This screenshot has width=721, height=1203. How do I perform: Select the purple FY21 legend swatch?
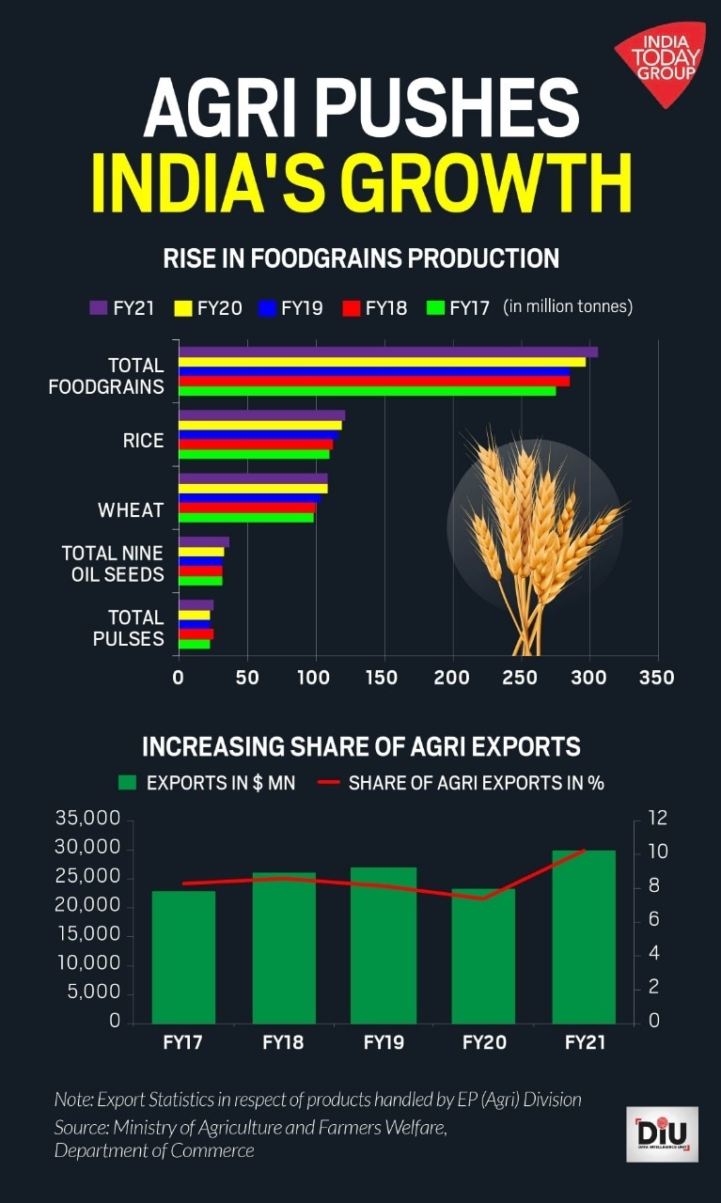pyautogui.click(x=98, y=307)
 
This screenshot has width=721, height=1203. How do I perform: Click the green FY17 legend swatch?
pyautogui.click(x=434, y=307)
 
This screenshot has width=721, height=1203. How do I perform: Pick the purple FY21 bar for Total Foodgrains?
pyautogui.click(x=387, y=352)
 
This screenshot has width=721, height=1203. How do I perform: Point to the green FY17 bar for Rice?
pyautogui.click(x=254, y=455)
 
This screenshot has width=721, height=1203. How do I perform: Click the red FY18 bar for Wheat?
pyautogui.click(x=247, y=508)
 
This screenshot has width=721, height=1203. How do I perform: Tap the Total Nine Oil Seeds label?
pyautogui.click(x=113, y=563)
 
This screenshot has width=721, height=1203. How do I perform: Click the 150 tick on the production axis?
pyautogui.click(x=382, y=678)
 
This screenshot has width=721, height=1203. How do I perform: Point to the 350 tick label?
pyautogui.click(x=656, y=678)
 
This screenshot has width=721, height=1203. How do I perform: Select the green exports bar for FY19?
pyautogui.click(x=383, y=945)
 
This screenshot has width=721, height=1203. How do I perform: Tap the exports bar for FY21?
pyautogui.click(x=584, y=936)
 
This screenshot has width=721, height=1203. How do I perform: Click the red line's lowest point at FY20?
pyautogui.click(x=483, y=898)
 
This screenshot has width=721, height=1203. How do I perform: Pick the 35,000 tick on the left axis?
pyautogui.click(x=88, y=819)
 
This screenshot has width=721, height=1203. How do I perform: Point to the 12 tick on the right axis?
pyautogui.click(x=656, y=819)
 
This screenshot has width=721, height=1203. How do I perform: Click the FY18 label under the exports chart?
pyautogui.click(x=283, y=1042)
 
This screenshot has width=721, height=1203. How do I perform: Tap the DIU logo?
pyautogui.click(x=662, y=1133)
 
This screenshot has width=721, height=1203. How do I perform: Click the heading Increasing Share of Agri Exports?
pyautogui.click(x=361, y=747)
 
